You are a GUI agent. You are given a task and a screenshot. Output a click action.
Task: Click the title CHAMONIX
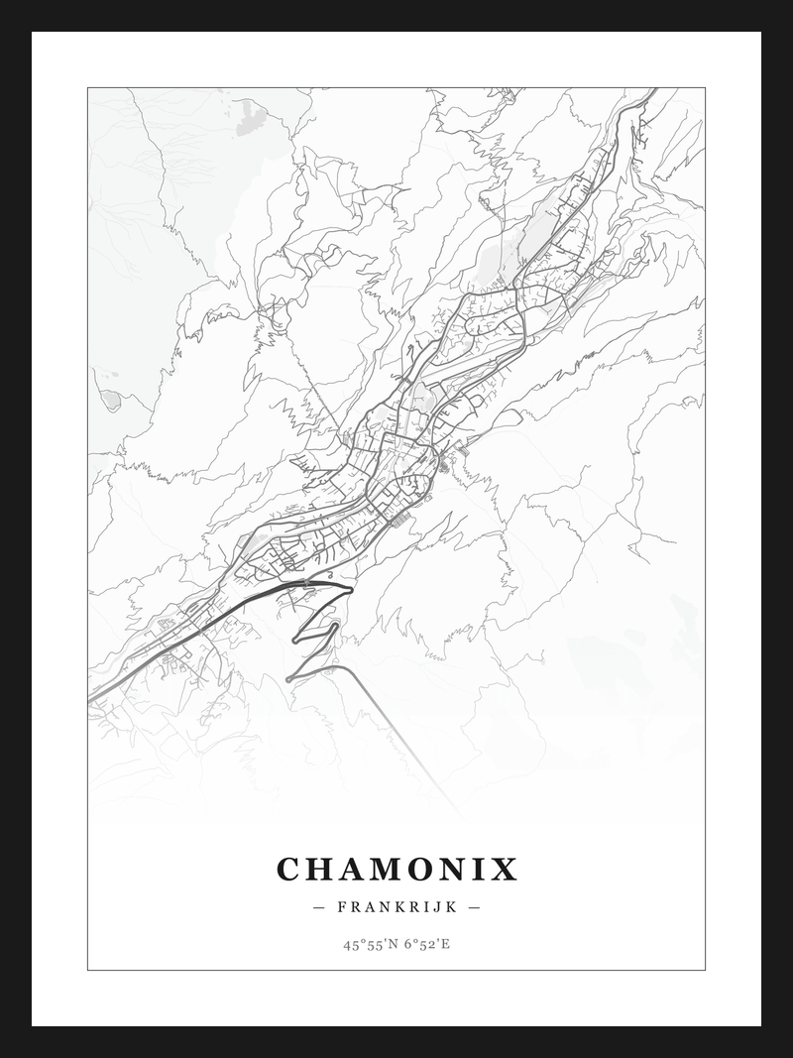[396, 870]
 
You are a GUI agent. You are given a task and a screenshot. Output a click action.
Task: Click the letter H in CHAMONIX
[319, 870]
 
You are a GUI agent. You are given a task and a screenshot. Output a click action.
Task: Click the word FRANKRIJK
[396, 906]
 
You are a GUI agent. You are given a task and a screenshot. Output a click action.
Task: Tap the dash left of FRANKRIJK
[318, 906]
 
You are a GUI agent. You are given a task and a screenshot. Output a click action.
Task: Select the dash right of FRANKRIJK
[474, 906]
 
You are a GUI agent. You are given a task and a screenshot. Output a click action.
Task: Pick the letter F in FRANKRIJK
[342, 906]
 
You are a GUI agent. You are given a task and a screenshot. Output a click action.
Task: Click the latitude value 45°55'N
[369, 944]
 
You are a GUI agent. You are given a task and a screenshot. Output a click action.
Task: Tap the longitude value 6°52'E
[426, 944]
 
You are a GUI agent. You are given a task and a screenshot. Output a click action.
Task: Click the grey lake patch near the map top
[251, 117]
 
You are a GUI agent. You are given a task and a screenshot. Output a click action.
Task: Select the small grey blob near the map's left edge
[110, 400]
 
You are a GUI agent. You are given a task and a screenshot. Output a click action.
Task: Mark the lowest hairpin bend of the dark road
[288, 679]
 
